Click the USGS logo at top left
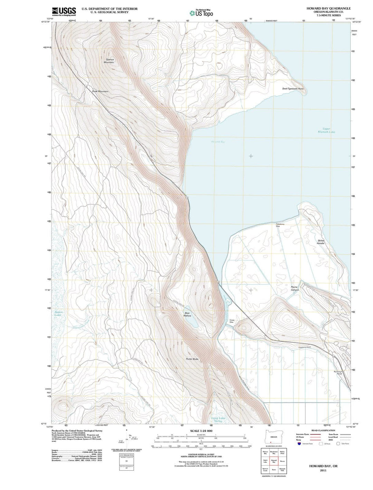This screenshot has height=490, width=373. (64, 12)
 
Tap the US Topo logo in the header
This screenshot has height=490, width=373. (201, 13)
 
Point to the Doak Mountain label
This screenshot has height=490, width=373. (100, 91)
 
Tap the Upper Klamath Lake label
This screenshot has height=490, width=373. (326, 131)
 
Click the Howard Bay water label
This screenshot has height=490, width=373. (218, 142)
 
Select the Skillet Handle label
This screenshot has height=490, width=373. (321, 242)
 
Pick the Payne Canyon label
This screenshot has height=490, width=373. (295, 288)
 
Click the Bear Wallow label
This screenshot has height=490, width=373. (187, 314)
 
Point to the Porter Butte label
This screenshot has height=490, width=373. (192, 359)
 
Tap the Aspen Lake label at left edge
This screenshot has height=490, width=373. (58, 313)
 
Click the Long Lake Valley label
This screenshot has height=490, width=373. (219, 420)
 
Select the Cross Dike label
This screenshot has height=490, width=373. (232, 321)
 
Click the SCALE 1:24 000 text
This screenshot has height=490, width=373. (201, 431)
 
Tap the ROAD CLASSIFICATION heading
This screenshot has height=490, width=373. (323, 430)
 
